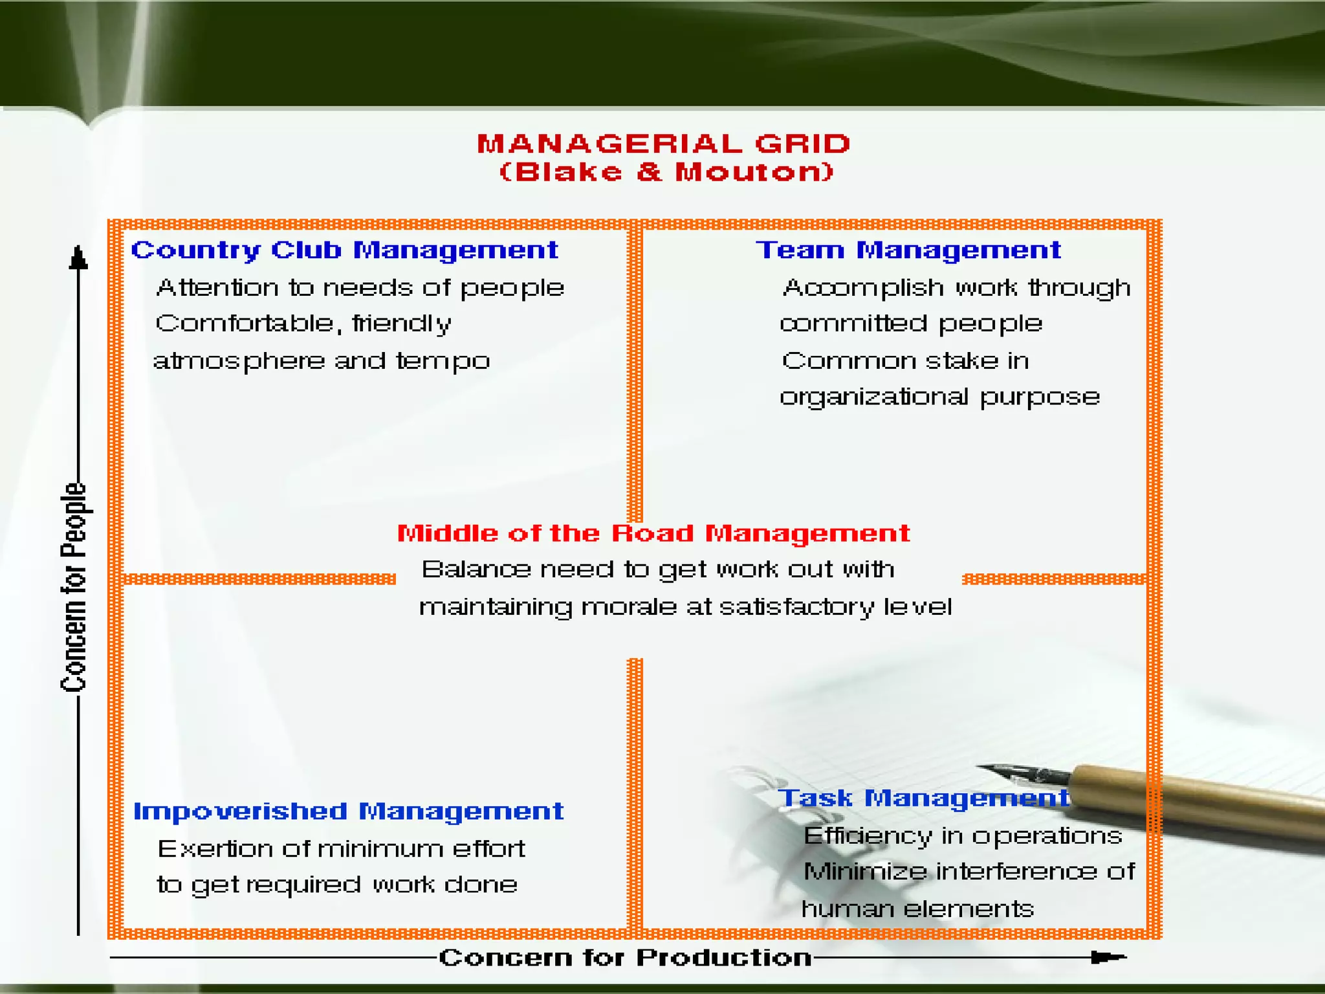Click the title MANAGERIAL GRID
[664, 144]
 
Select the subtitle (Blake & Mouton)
[666, 172]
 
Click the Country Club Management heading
[344, 250]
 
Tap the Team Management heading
[908, 250]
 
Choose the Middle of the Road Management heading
[653, 533]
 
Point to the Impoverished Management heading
[348, 812]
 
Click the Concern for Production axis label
[625, 958]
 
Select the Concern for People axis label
[74, 588]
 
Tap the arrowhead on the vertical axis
[78, 258]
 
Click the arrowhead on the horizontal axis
[1108, 957]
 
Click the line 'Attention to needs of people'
[360, 288]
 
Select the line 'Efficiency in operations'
[963, 836]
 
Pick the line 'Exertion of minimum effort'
[342, 849]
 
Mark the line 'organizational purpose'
[939, 397]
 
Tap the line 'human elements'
[917, 909]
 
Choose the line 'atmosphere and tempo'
[322, 361]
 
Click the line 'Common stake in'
[905, 361]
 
